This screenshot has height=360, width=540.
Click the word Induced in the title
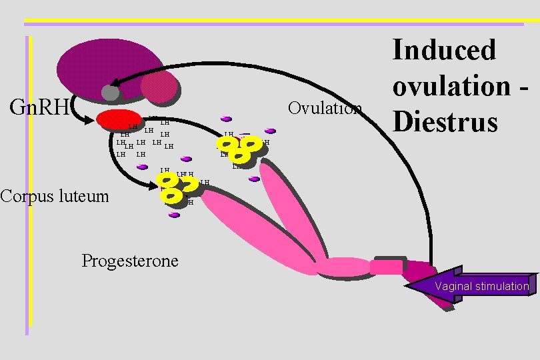click(x=444, y=50)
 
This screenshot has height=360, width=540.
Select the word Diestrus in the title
click(x=445, y=121)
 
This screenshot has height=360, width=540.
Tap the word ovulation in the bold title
click(x=453, y=86)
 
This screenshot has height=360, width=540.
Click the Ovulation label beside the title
click(x=325, y=108)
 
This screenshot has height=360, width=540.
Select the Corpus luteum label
click(x=54, y=196)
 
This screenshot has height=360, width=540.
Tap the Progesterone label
click(x=130, y=260)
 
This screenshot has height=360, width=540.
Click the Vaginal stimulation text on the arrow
click(x=482, y=287)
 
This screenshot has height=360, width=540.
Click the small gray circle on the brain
click(x=110, y=93)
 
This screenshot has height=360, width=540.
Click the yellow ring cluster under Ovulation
click(x=241, y=149)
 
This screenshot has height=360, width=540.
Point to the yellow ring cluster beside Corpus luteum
click(x=173, y=187)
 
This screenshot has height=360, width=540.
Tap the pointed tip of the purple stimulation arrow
click(x=408, y=287)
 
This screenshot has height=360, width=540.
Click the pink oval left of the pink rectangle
click(x=343, y=267)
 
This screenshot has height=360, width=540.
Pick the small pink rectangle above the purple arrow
click(x=386, y=267)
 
